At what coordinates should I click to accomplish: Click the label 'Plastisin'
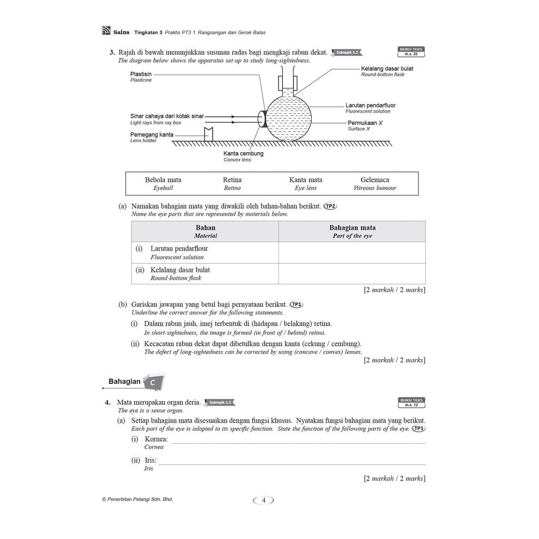[141, 74]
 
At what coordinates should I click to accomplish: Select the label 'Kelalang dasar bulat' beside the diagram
[387, 69]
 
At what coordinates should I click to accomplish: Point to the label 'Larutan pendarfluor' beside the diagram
[371, 105]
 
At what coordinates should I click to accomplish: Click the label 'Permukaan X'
[365, 123]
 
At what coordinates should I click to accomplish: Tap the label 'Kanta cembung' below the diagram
[243, 154]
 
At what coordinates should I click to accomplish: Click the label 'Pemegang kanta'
[152, 135]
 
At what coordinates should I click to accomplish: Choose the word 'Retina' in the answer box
[232, 180]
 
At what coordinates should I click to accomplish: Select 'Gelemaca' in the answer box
[375, 180]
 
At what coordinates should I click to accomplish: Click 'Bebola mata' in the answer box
[163, 180]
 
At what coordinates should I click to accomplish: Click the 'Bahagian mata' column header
[352, 228]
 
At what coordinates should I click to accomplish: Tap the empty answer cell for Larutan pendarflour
[352, 253]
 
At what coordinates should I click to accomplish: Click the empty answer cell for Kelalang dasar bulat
[352, 274]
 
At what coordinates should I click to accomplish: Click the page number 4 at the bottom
[264, 500]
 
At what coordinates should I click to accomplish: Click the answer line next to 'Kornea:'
[298, 443]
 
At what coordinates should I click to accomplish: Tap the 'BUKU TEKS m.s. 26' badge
[411, 52]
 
